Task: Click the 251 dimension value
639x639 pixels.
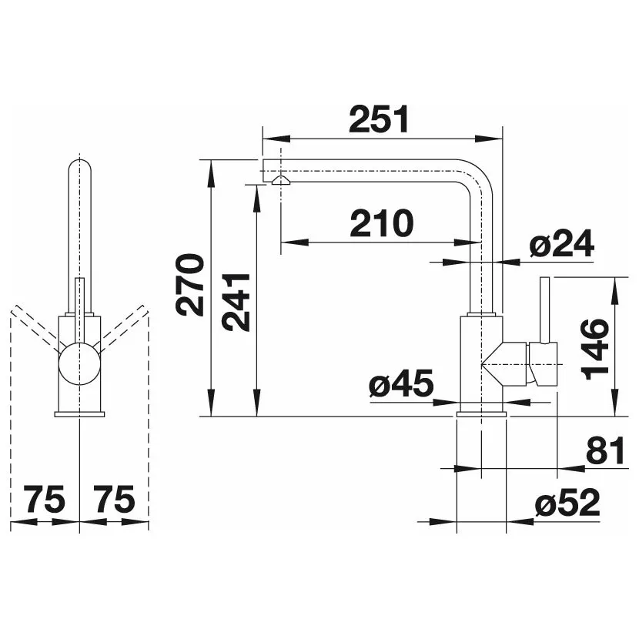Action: [x=379, y=120]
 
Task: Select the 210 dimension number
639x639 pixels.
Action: [x=382, y=223]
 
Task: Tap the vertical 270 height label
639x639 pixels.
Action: [x=189, y=286]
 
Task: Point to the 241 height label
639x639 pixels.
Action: [x=236, y=303]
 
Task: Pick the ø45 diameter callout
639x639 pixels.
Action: [x=401, y=384]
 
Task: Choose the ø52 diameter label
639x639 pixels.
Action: [x=567, y=503]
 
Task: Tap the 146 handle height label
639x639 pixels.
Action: [x=595, y=350]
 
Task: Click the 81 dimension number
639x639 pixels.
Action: [x=605, y=450]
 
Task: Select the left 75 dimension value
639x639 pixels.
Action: [x=44, y=499]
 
